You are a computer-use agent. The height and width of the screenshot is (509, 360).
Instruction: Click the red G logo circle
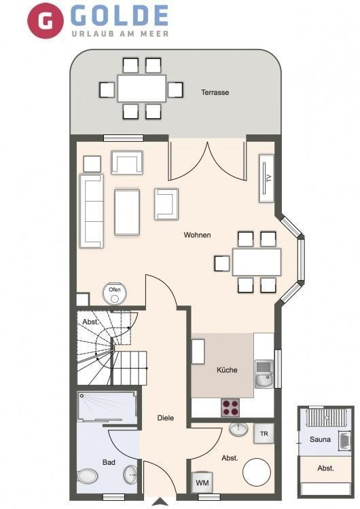coord(46,20)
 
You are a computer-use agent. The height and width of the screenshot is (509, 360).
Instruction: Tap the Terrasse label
coord(215,92)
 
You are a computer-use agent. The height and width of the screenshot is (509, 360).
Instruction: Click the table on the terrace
coord(142,88)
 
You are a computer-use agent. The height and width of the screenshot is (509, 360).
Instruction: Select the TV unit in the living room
coord(266,178)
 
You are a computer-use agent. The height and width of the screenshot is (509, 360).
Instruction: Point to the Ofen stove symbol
coord(114,293)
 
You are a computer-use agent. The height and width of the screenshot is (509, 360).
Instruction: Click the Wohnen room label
coord(197,235)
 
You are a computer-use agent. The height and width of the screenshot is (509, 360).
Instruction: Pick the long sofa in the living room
coord(91,211)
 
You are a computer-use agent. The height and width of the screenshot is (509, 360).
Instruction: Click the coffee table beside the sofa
coord(127,212)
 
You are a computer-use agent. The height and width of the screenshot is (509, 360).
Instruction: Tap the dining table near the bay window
coord(257,262)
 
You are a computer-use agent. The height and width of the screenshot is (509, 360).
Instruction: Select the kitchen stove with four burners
coord(230,408)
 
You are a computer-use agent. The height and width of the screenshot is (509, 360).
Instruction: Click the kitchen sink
coord(264,374)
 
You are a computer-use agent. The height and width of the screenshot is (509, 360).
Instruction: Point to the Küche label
coord(227,370)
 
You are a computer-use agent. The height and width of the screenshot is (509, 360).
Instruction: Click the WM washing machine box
coord(202,483)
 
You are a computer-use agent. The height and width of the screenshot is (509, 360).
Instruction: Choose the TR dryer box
coord(264,434)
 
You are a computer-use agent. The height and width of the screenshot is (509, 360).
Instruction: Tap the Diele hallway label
coord(166,418)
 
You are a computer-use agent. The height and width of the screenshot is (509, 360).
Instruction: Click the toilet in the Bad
coord(88,476)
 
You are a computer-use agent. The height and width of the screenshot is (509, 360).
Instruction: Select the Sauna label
coord(320,440)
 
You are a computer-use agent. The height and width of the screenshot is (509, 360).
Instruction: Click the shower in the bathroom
coord(107,408)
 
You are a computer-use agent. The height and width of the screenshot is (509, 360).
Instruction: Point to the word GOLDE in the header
coord(120,15)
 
